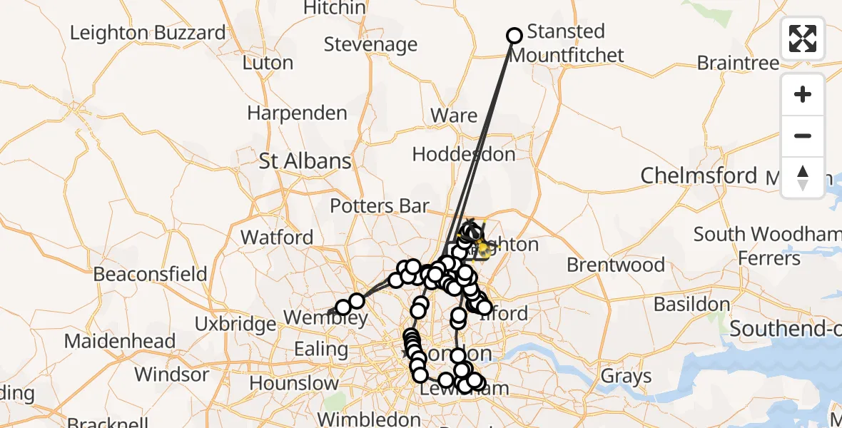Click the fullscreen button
tap(803, 39)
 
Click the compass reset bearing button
tap(803, 177)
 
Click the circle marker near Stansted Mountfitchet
tap(514, 36)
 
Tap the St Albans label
tap(305, 160)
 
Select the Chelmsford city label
tap(699, 175)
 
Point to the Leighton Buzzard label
tap(148, 33)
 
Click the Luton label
tap(268, 63)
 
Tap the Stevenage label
tap(370, 44)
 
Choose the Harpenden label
tap(297, 113)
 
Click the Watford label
tap(277, 237)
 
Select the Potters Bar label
tap(380, 206)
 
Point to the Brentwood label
tap(615, 265)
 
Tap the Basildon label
tap(691, 305)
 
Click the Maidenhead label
tap(120, 341)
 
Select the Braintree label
tap(738, 63)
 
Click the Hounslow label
tap(294, 383)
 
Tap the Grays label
tap(626, 375)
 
